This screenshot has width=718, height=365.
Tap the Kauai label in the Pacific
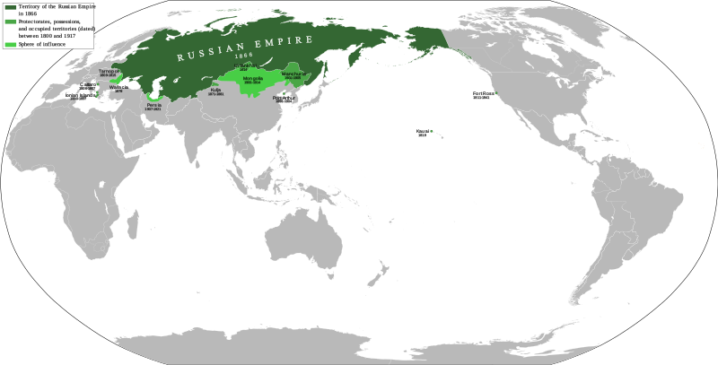click(422, 132)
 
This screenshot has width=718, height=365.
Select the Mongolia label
click(252, 79)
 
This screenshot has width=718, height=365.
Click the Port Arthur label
click(284, 97)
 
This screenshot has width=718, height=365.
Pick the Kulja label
click(215, 91)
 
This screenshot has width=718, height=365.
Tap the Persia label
click(154, 104)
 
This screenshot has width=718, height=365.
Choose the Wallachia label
click(118, 87)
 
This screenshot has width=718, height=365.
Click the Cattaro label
click(88, 83)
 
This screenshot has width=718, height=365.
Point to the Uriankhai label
click(243, 65)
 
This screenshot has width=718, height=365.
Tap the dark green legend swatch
click(10, 5)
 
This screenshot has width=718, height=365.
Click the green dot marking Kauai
click(431, 132)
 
